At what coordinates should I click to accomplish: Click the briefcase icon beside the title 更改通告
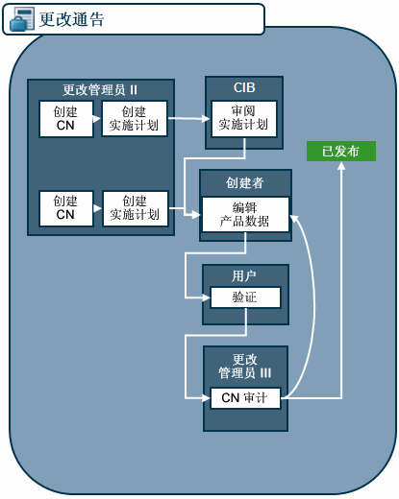point(20,19)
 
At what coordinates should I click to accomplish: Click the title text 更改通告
point(72,19)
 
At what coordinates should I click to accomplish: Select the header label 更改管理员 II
point(101,89)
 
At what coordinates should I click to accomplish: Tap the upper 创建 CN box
point(65,118)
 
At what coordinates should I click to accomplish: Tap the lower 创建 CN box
point(65,207)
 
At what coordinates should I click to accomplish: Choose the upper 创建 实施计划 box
point(134,118)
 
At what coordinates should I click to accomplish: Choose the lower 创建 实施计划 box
point(134,207)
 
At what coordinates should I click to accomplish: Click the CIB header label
point(244,88)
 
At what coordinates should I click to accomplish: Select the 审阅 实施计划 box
point(244,118)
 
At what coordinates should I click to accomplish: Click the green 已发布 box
point(340,151)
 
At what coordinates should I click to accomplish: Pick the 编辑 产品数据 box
point(244,214)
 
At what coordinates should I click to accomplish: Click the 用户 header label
point(244,275)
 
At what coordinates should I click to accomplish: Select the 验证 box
point(244,297)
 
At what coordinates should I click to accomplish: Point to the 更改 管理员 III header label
point(244,366)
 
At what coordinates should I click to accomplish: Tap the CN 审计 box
point(244,397)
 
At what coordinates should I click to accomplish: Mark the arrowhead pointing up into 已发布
point(340,166)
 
